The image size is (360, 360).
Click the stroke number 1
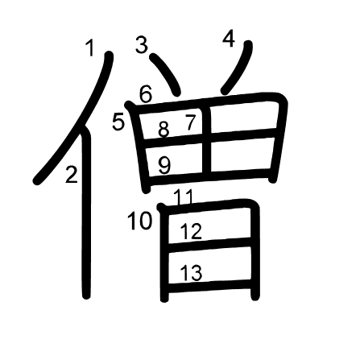click(x=91, y=48)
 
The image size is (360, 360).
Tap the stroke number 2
click(x=72, y=175)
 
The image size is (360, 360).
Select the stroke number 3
click(x=142, y=45)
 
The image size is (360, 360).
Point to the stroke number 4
click(x=229, y=39)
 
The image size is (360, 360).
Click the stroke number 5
click(x=118, y=122)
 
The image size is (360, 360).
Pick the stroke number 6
click(x=146, y=94)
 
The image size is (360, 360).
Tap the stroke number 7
click(x=190, y=122)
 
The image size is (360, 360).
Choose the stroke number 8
click(x=163, y=129)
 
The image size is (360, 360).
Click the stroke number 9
click(x=164, y=165)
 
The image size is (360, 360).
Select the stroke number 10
click(x=140, y=221)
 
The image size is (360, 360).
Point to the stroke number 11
click(x=184, y=197)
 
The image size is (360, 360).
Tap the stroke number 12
click(x=191, y=231)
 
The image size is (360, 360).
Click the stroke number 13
click(x=191, y=272)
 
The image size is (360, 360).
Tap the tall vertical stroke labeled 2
click(x=86, y=212)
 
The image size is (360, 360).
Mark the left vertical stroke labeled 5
click(x=139, y=147)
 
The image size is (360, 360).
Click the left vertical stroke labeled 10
click(x=163, y=253)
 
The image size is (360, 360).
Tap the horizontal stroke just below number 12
click(x=209, y=245)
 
